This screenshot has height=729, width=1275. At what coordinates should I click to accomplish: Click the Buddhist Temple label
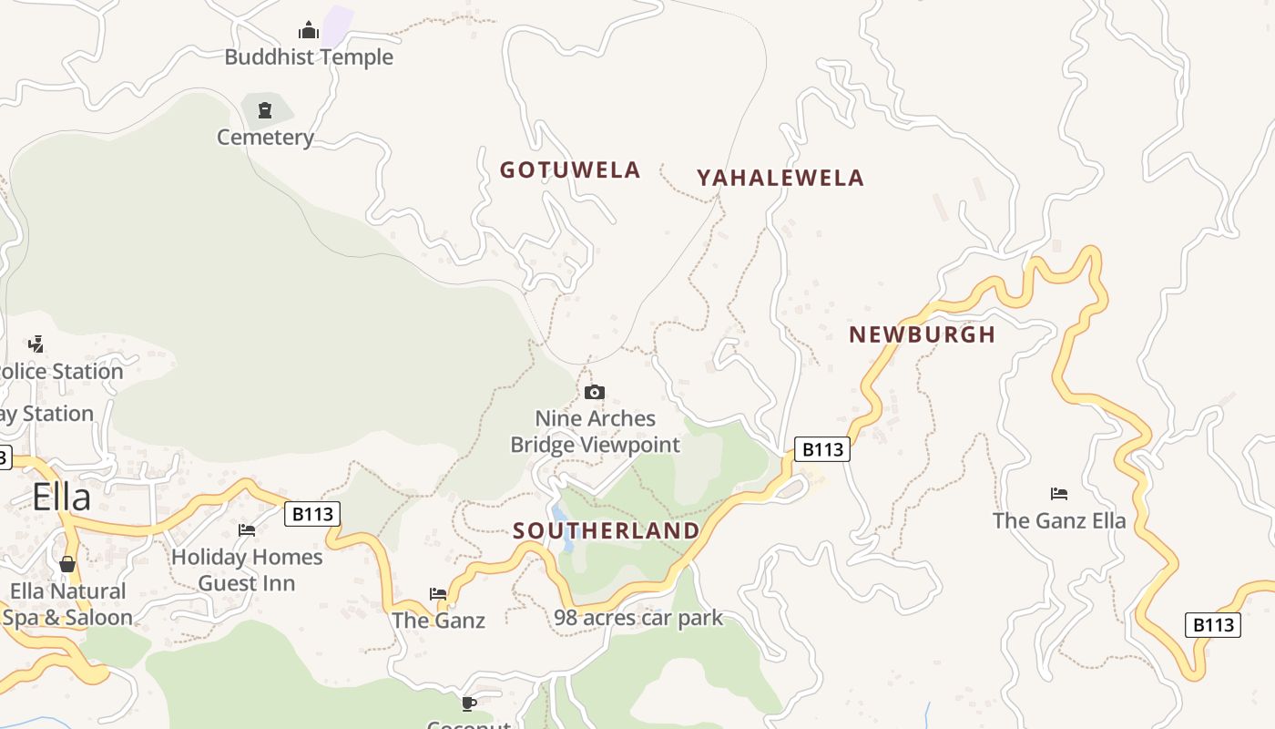point(309,57)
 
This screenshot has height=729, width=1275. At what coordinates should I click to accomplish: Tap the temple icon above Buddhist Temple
point(309,31)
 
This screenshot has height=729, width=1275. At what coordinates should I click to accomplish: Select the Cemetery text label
point(265,138)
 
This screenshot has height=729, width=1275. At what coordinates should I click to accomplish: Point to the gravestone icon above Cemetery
point(265,110)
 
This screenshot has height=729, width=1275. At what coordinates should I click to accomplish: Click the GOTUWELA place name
point(570,170)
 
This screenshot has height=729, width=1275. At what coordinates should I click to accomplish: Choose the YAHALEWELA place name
point(780,179)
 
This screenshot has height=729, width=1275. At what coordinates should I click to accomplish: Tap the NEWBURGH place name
point(922,334)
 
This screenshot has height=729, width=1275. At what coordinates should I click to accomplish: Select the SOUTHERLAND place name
point(607,531)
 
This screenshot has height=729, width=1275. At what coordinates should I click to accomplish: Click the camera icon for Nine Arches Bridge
point(595,393)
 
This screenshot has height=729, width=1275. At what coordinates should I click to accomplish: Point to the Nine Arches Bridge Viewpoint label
point(595,432)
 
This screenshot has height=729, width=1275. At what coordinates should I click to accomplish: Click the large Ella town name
point(62,498)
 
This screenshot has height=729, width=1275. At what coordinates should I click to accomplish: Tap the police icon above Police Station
point(36,344)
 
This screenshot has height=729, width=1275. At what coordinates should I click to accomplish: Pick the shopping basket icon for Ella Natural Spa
point(67,564)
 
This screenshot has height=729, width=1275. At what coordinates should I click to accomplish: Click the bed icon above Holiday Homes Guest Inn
point(247,530)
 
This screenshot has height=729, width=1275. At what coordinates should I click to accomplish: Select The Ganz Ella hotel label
point(1059,521)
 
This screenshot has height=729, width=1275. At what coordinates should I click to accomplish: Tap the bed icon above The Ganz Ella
point(1059,494)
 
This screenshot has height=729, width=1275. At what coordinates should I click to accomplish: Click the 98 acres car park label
point(638,618)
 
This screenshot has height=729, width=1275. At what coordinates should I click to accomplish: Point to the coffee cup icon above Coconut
point(469,703)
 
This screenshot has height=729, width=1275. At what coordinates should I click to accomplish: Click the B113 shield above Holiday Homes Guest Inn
point(312,514)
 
